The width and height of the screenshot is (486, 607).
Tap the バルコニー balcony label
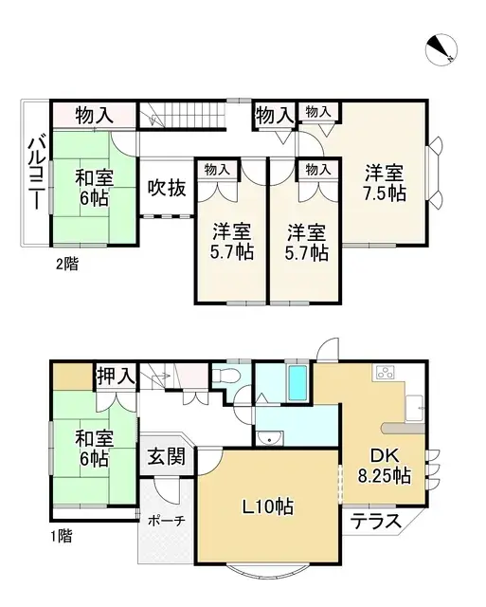coord(34,175)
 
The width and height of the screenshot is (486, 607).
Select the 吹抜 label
coord(166,188)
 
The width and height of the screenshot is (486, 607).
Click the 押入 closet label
coord(117,377)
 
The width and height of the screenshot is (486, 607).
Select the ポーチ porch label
coord(166,521)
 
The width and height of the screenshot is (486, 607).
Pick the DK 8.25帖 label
coord(384,464)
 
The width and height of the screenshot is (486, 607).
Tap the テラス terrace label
coord(373,521)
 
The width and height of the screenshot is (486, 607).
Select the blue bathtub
coord(297,383)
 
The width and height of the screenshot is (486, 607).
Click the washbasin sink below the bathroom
coord(270,437)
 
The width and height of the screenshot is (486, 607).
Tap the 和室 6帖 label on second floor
coord(93,186)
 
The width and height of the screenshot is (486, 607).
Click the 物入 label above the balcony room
coord(95,116)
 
